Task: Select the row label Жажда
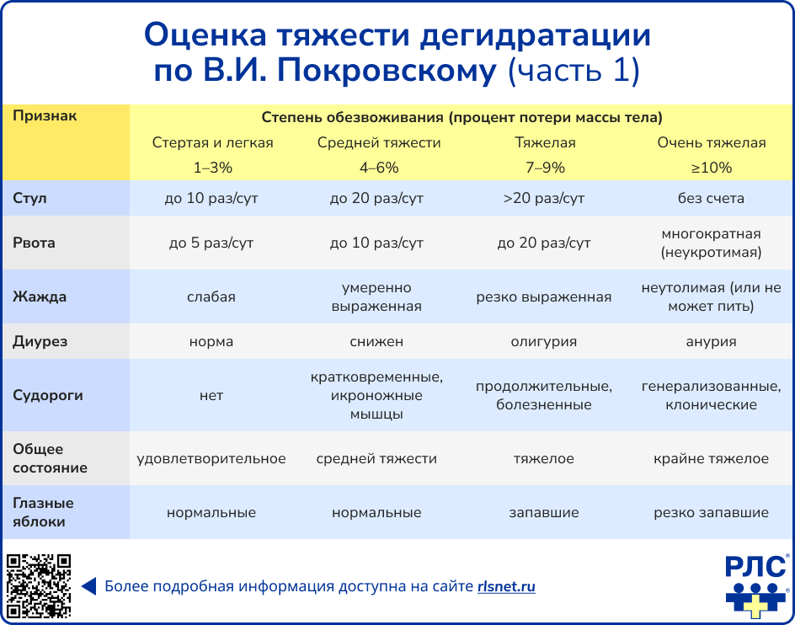pos(40,296)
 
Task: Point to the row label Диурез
pos(40,342)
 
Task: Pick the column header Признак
pos(45,116)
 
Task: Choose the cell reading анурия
pos(712,342)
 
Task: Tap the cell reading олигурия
pos(544,342)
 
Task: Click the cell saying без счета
pos(712,199)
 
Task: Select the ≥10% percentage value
pos(712,168)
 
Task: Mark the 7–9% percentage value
pos(545,168)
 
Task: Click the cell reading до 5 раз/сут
pos(211,243)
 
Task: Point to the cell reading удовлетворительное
pos(211,459)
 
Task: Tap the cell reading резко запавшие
pos(712,512)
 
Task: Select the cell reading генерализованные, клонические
pos(712,396)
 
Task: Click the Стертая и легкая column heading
pos(212,142)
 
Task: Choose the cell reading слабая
pos(211,296)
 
